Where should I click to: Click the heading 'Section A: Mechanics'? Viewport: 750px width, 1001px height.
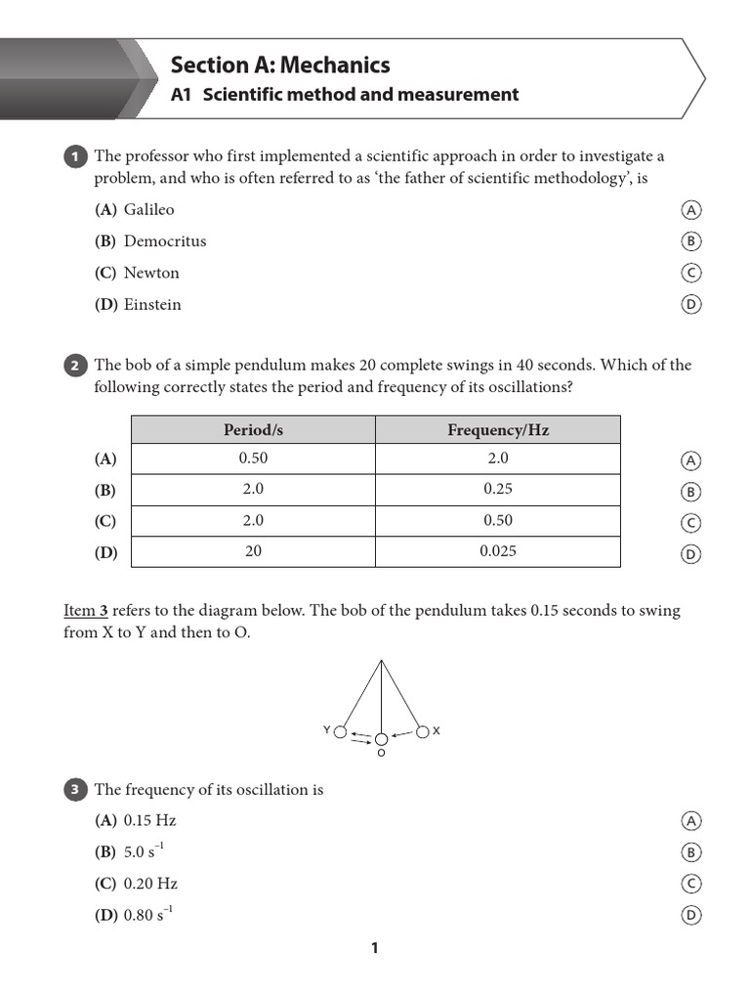pyautogui.click(x=280, y=65)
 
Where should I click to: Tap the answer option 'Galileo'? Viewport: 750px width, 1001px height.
pyautogui.click(x=148, y=209)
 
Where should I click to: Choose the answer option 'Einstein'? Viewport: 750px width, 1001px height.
pyautogui.click(x=152, y=304)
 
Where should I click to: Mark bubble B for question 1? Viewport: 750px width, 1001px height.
pyautogui.click(x=690, y=241)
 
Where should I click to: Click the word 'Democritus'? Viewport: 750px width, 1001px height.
pyautogui.click(x=165, y=240)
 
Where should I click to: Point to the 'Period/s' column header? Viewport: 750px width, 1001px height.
pyautogui.click(x=253, y=430)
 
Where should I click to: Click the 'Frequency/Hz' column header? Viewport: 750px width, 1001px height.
pyautogui.click(x=498, y=430)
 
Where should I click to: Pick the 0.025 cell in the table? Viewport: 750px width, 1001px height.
pyautogui.click(x=498, y=551)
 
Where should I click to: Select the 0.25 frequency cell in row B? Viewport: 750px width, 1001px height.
pyautogui.click(x=498, y=489)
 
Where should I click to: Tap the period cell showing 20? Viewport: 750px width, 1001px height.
pyautogui.click(x=253, y=551)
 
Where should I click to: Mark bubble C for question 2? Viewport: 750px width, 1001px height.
pyautogui.click(x=690, y=523)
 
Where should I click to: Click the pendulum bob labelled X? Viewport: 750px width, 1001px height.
pyautogui.click(x=422, y=731)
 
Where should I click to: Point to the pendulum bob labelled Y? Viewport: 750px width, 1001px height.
pyautogui.click(x=340, y=731)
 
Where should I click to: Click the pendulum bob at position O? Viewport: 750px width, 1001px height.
pyautogui.click(x=381, y=740)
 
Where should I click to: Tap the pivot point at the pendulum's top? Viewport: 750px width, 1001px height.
pyautogui.click(x=381, y=662)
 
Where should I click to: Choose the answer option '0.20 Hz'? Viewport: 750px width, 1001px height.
pyautogui.click(x=150, y=883)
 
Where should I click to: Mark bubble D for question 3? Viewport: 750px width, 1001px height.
pyautogui.click(x=690, y=915)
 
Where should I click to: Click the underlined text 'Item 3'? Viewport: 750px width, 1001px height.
pyautogui.click(x=86, y=611)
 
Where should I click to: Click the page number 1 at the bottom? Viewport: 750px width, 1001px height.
pyautogui.click(x=374, y=947)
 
